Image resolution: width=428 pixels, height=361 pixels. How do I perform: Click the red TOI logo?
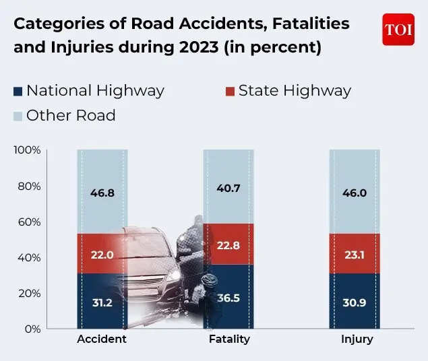pyautogui.click(x=398, y=30)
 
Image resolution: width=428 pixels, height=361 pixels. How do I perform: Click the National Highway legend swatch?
pyautogui.click(x=18, y=91)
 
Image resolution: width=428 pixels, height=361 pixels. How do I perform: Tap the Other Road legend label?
pyautogui.click(x=71, y=116)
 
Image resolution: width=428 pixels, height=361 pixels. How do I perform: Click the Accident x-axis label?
pyautogui.click(x=102, y=339)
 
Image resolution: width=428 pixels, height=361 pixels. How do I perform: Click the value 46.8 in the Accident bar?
pyautogui.click(x=102, y=193)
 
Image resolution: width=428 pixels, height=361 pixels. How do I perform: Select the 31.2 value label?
pyautogui.click(x=102, y=302)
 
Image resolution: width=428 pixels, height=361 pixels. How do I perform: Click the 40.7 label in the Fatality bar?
pyautogui.click(x=228, y=189)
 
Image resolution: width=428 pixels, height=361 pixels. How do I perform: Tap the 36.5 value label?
pyautogui.click(x=228, y=297)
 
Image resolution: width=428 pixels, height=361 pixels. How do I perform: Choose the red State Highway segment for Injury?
pyautogui.click(x=354, y=253)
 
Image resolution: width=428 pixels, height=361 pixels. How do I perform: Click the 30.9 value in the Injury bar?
pyautogui.click(x=354, y=302)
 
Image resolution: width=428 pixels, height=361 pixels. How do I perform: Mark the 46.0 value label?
pyautogui.click(x=354, y=193)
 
